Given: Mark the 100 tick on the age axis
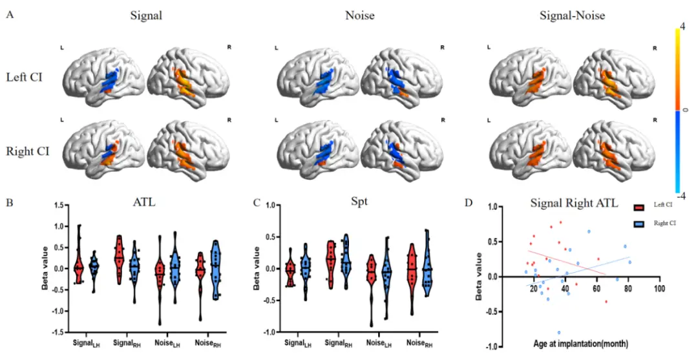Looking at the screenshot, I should (659, 289).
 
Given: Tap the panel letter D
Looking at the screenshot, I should (469, 202).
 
